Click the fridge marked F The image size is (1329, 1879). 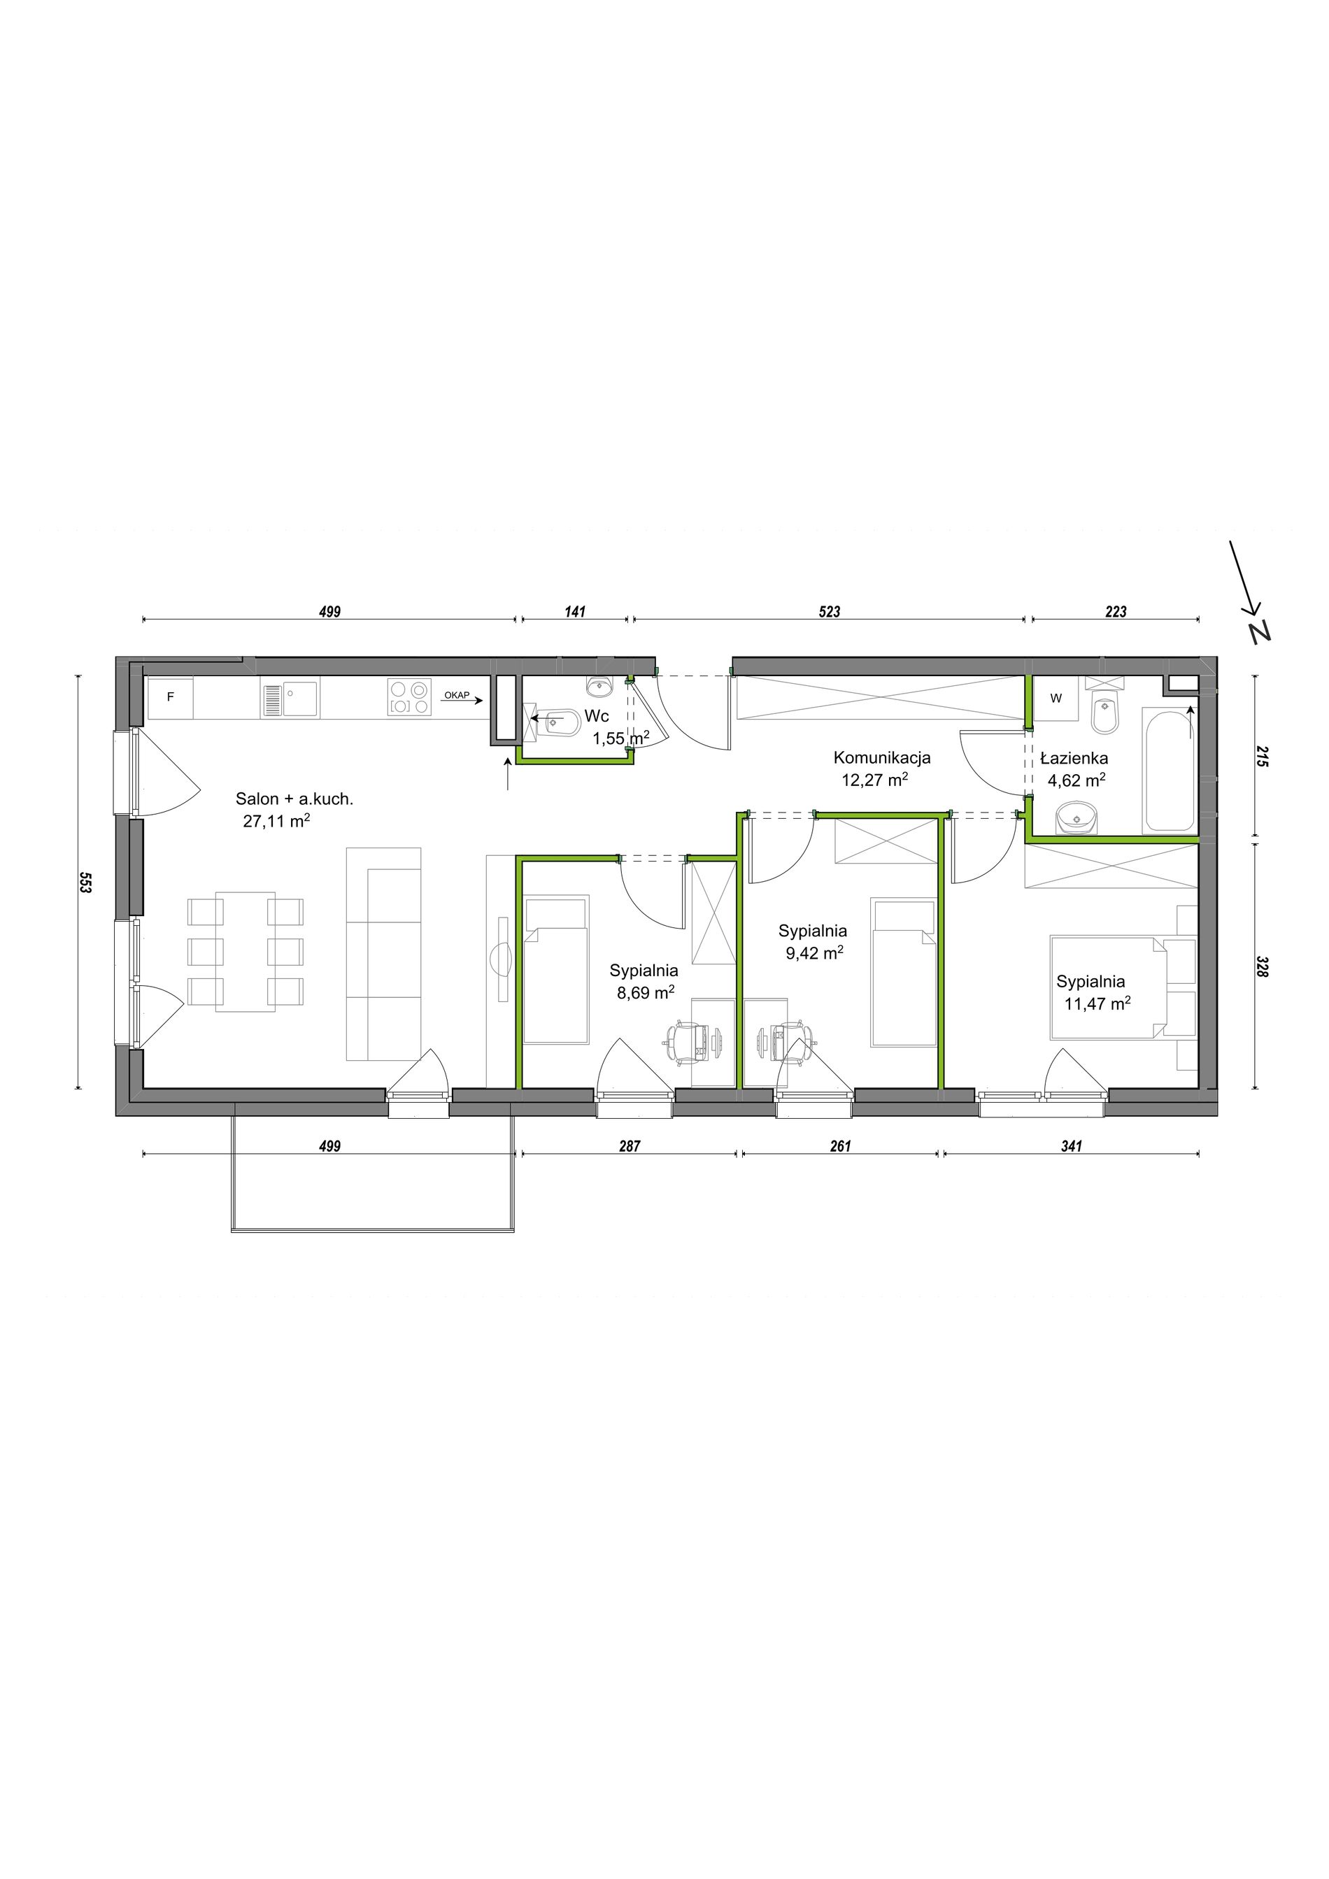[170, 697]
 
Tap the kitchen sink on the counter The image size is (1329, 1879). [290, 699]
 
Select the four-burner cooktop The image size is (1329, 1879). [408, 698]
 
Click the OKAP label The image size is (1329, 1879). [457, 695]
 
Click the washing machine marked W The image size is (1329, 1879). [1056, 698]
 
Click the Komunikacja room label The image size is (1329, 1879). [881, 758]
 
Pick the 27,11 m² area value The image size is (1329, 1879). [276, 821]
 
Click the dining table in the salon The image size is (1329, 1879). [246, 951]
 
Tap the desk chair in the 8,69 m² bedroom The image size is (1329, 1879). [684, 1043]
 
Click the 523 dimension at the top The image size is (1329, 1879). [829, 611]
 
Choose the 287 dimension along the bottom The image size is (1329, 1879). [630, 1147]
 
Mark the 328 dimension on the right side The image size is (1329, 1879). [1260, 967]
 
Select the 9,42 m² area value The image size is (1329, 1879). [814, 952]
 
